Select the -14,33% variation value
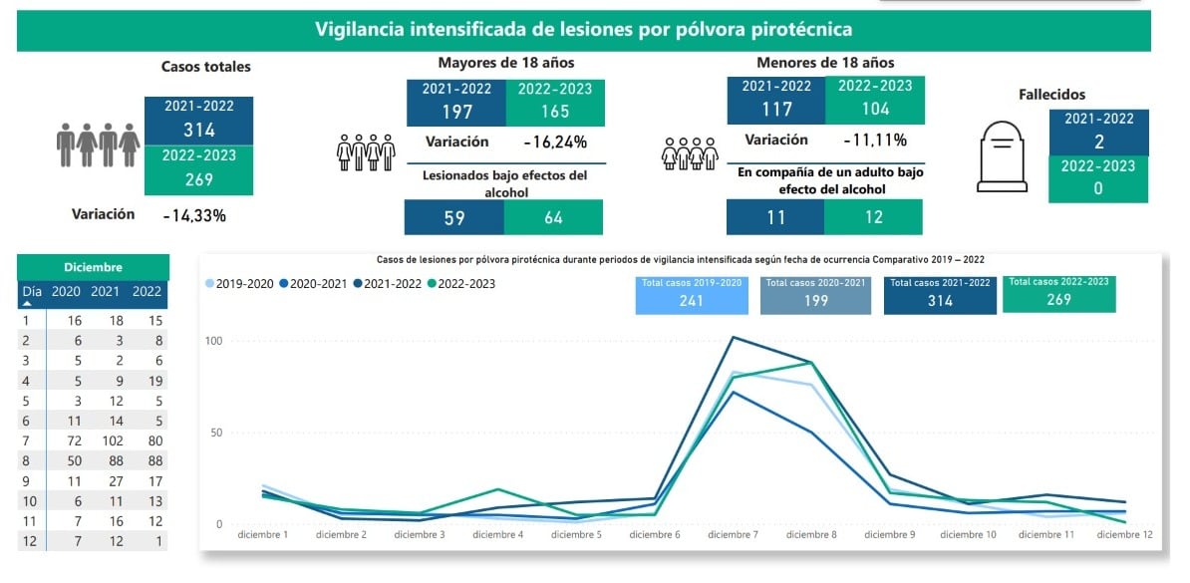pyautogui.click(x=194, y=215)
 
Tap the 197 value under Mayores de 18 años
pyautogui.click(x=455, y=110)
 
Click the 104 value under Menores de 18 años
pyautogui.click(x=874, y=110)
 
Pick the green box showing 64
pyautogui.click(x=553, y=217)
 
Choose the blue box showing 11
pyautogui.click(x=775, y=217)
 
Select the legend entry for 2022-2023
pyautogui.click(x=460, y=284)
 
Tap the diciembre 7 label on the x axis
pyautogui.click(x=735, y=535)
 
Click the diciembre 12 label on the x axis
pyautogui.click(x=1124, y=535)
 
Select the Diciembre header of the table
pyautogui.click(x=92, y=267)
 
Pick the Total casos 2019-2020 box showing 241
pyautogui.click(x=691, y=294)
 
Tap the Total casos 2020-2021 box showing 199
pyautogui.click(x=815, y=294)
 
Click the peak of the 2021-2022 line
pyautogui.click(x=734, y=337)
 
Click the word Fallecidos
pyautogui.click(x=1051, y=95)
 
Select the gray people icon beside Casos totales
pyautogui.click(x=98, y=146)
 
